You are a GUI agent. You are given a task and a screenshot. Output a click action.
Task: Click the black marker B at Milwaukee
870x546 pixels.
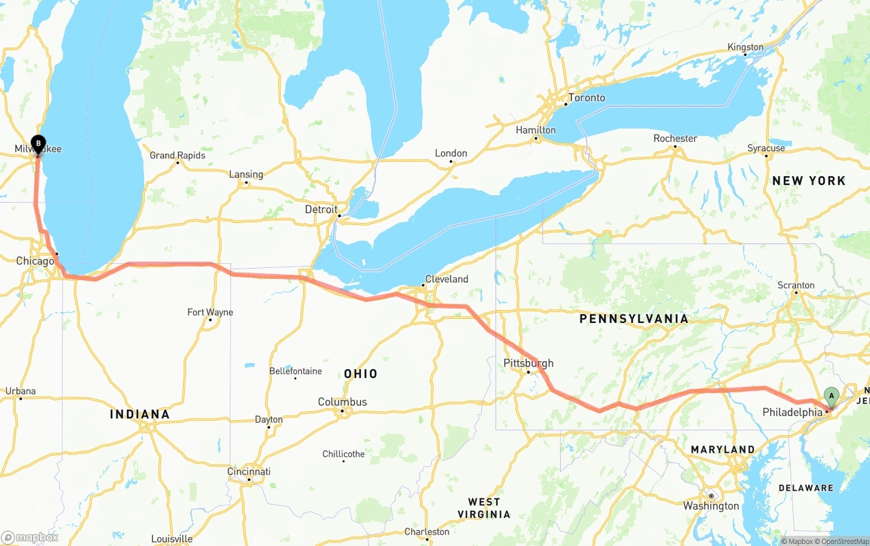39,144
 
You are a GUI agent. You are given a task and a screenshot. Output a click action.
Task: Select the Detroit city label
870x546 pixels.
321,209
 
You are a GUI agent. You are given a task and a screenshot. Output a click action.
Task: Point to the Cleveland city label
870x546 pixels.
447,279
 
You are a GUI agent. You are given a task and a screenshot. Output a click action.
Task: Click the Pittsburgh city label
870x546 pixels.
528,363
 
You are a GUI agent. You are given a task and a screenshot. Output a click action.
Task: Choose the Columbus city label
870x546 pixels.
343,403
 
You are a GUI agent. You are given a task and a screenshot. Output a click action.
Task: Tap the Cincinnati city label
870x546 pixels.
249,472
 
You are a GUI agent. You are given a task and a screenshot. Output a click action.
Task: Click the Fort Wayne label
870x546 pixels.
210,313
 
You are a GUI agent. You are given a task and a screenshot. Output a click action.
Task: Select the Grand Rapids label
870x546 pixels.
177,156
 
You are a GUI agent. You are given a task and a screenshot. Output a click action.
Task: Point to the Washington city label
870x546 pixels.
712,506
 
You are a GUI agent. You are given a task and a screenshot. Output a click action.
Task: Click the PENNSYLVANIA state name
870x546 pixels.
633,319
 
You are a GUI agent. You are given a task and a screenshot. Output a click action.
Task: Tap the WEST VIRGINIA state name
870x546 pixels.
484,508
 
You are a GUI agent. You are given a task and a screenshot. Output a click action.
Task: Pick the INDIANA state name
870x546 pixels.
139,414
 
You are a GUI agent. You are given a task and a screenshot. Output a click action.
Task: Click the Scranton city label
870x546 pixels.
796,286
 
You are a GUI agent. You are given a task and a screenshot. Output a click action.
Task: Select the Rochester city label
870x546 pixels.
675,139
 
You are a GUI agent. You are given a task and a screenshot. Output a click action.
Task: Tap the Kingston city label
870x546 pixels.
746,48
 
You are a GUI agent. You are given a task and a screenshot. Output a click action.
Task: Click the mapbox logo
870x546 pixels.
30,537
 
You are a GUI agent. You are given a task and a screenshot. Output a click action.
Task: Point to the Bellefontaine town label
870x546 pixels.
296,371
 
